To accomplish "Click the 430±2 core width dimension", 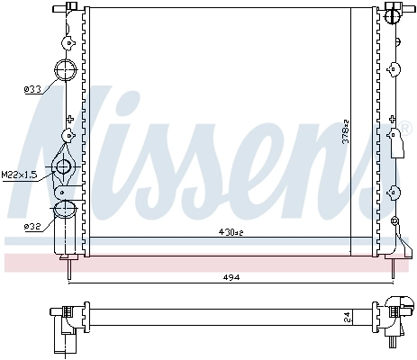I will point(231,232).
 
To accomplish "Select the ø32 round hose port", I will point(65,211).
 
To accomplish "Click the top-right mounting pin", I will point(394,11).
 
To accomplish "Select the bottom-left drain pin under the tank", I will point(67,264).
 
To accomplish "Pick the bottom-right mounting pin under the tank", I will point(394,263).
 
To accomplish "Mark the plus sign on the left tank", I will point(69,118).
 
